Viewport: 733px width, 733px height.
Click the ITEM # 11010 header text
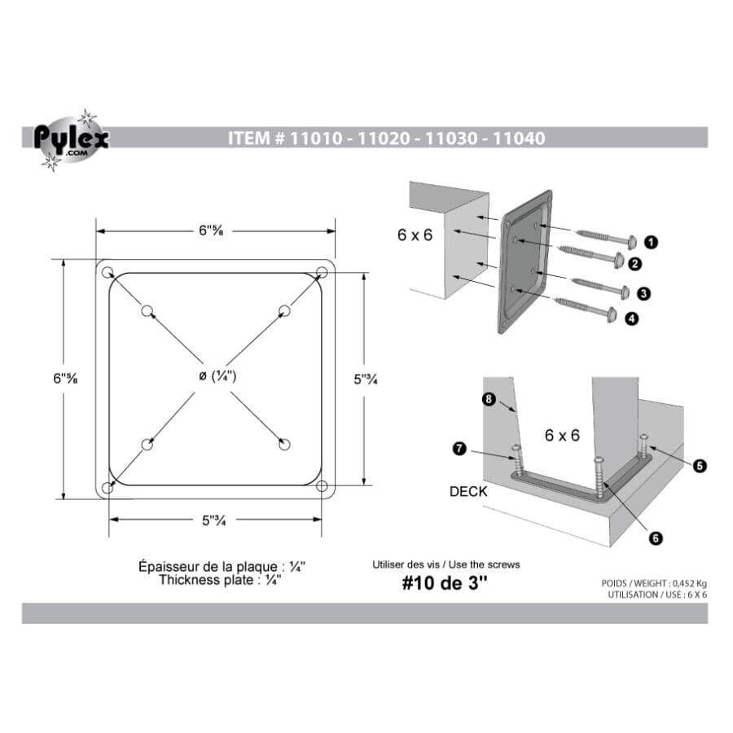click(x=387, y=138)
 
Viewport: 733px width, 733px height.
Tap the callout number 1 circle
click(x=651, y=241)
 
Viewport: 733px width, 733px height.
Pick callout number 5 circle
click(x=699, y=466)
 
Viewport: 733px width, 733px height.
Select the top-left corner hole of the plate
click(x=108, y=271)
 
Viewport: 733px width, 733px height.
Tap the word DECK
click(x=467, y=492)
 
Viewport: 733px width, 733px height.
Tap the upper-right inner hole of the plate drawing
click(x=284, y=310)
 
